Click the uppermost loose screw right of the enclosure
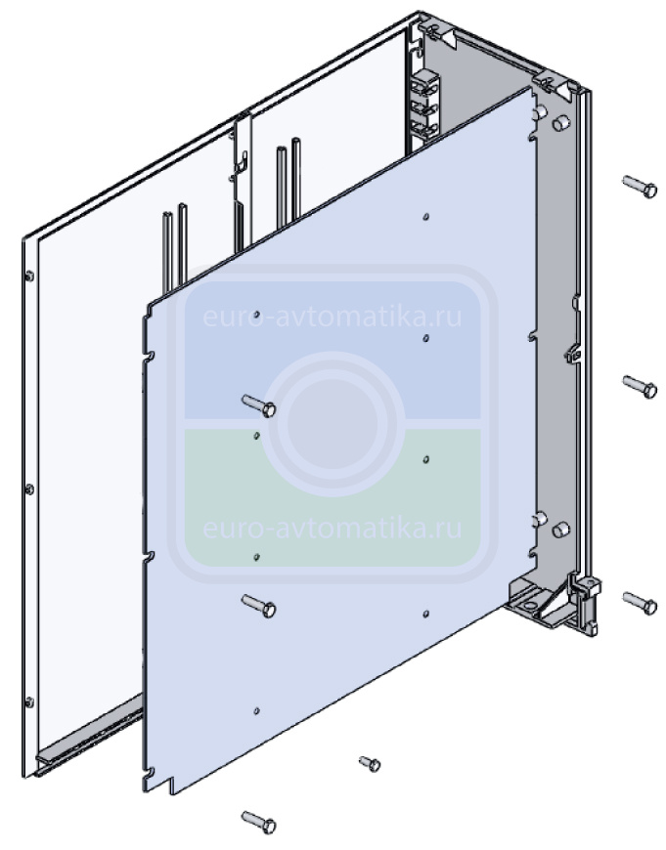pyautogui.click(x=640, y=187)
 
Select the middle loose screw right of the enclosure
pyautogui.click(x=640, y=387)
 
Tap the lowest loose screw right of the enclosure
pyautogui.click(x=640, y=603)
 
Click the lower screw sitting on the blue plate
pyautogui.click(x=259, y=606)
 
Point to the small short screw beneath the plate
pyautogui.click(x=370, y=763)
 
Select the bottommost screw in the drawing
pyautogui.click(x=259, y=822)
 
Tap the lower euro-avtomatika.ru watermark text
pyautogui.click(x=333, y=528)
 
